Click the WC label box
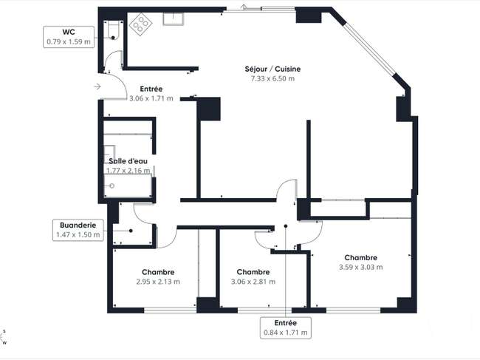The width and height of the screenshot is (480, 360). point(69,37)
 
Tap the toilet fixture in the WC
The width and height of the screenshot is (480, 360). point(113,30)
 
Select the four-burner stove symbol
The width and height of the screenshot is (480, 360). point(140,24)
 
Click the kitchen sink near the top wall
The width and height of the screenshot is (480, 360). point(174,19)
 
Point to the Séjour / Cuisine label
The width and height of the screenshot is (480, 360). point(272,69)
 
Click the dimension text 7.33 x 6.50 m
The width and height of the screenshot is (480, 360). point(272,79)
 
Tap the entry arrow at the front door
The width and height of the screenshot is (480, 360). point(97,86)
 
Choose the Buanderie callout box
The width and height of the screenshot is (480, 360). point(78,230)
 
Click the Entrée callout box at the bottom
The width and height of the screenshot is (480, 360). point(286,327)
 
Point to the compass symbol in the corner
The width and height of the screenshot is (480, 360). point(4,337)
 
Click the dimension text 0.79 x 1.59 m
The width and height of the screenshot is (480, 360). point(69,42)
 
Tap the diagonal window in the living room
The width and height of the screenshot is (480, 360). point(370,50)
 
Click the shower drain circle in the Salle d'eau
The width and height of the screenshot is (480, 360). point(112,186)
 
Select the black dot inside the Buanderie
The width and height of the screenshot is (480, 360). point(131,231)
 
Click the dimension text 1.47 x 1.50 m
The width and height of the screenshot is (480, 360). point(78,235)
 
